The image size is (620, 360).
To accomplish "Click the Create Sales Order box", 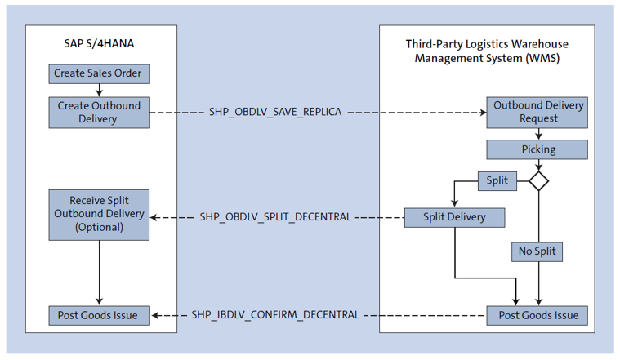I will [98, 73].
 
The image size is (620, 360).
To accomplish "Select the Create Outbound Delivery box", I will [99, 113].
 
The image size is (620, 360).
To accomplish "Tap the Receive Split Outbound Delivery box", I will [99, 215].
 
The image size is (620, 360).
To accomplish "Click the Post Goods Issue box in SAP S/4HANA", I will [99, 315].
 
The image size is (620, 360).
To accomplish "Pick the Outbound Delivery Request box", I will [537, 113].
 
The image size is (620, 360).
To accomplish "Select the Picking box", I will [537, 149].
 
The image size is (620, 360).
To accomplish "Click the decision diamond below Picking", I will [538, 180].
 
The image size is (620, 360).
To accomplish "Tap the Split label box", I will [497, 180].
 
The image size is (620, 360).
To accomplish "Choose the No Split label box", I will [537, 251].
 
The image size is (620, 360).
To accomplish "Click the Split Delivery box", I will [454, 217].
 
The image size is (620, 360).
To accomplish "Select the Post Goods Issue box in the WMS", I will [537, 315].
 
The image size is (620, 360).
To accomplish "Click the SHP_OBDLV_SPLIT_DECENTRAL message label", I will [274, 217].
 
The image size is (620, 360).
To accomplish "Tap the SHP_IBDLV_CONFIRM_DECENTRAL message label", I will [274, 315].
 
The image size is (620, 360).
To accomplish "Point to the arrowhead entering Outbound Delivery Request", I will [482, 113].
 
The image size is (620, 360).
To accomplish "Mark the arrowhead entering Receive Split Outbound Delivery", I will [155, 217].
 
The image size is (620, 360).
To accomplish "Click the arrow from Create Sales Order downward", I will [98, 89].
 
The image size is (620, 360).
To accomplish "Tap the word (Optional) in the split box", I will [99, 228].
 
